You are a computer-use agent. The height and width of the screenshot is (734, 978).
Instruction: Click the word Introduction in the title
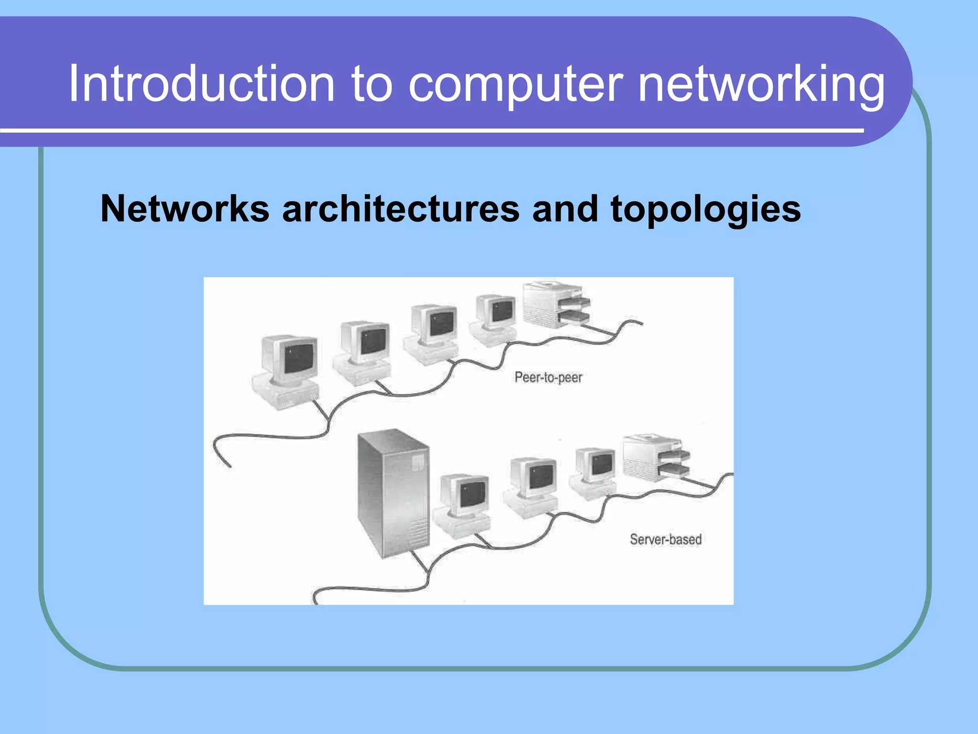201,84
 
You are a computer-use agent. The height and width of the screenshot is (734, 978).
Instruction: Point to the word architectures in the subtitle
401,209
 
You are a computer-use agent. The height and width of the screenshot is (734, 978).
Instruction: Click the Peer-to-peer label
548,378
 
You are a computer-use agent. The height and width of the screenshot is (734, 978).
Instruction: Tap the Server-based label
665,540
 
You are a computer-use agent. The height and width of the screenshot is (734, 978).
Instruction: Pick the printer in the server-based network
656,458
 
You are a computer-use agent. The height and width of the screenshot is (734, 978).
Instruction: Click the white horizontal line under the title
430,130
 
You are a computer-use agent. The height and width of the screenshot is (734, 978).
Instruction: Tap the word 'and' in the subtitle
564,209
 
